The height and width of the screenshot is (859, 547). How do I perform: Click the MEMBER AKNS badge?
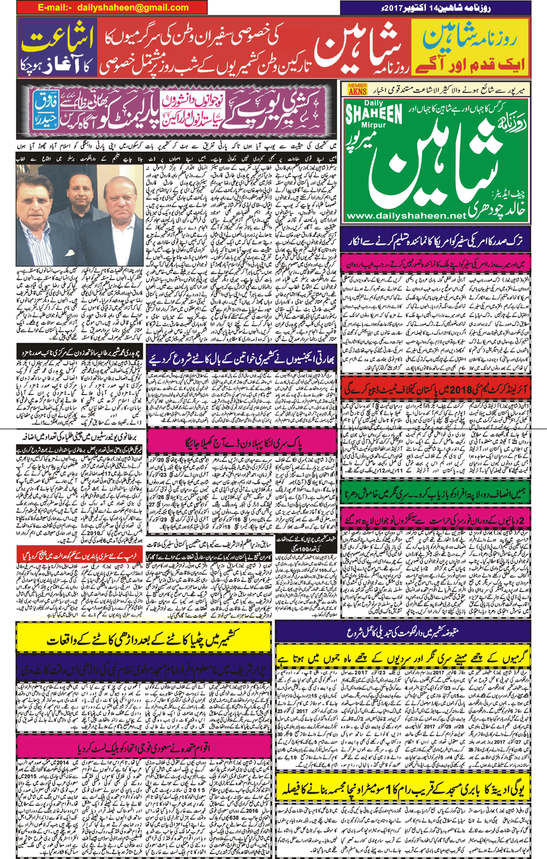(x=357, y=89)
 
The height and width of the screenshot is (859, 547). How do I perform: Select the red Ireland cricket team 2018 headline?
(x=436, y=389)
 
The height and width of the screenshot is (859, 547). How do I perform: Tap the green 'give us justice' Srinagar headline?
(x=436, y=494)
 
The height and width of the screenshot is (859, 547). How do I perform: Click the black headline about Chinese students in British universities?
(x=79, y=437)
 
